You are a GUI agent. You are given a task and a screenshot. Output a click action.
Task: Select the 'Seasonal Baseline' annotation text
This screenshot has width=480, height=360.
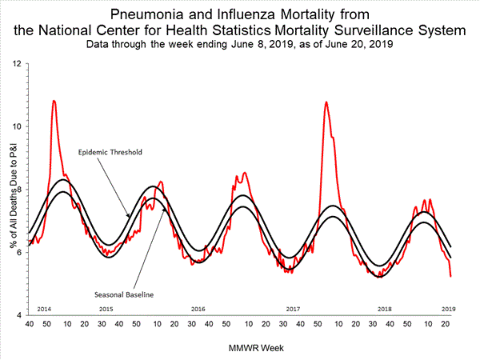tap(123, 294)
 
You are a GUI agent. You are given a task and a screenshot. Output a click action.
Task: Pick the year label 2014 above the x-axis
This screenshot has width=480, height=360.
tap(45, 308)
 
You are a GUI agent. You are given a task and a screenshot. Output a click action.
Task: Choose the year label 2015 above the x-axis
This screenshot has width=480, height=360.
tap(106, 308)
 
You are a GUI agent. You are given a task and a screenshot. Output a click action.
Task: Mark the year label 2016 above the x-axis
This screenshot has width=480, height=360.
tap(198, 308)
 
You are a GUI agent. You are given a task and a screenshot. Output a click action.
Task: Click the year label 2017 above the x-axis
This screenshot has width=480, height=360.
tap(293, 308)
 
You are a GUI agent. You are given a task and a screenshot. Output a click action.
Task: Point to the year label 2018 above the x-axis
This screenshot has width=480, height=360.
tap(385, 308)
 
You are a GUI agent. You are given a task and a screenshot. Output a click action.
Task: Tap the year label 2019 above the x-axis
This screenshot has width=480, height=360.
tap(450, 308)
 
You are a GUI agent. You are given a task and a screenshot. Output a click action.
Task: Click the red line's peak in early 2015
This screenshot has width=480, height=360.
tap(54, 101)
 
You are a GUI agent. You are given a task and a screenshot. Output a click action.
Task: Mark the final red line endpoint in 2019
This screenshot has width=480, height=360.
tap(451, 276)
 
